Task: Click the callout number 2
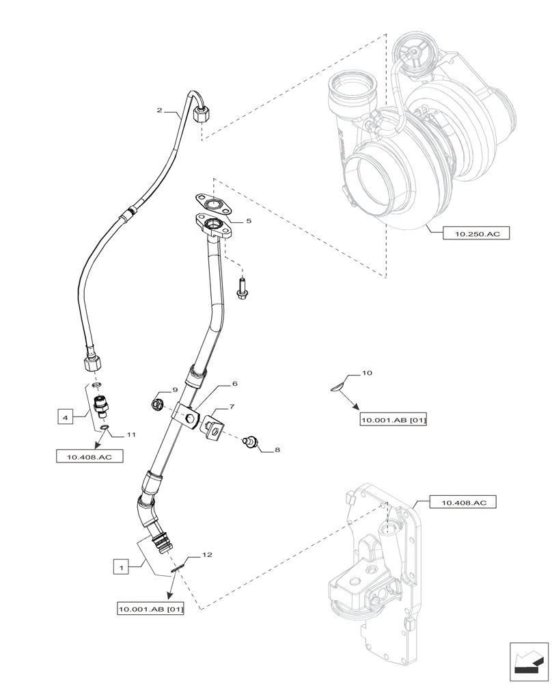click(159, 110)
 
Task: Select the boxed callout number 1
click(121, 567)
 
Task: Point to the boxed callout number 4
click(65, 416)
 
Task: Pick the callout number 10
click(367, 373)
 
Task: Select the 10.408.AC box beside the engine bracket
click(463, 503)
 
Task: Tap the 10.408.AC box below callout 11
click(89, 457)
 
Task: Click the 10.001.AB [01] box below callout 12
click(151, 608)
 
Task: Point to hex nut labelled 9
click(156, 404)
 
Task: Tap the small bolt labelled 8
click(252, 443)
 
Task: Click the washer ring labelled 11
click(104, 428)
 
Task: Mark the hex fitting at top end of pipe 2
click(202, 114)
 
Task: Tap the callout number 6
click(234, 384)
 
